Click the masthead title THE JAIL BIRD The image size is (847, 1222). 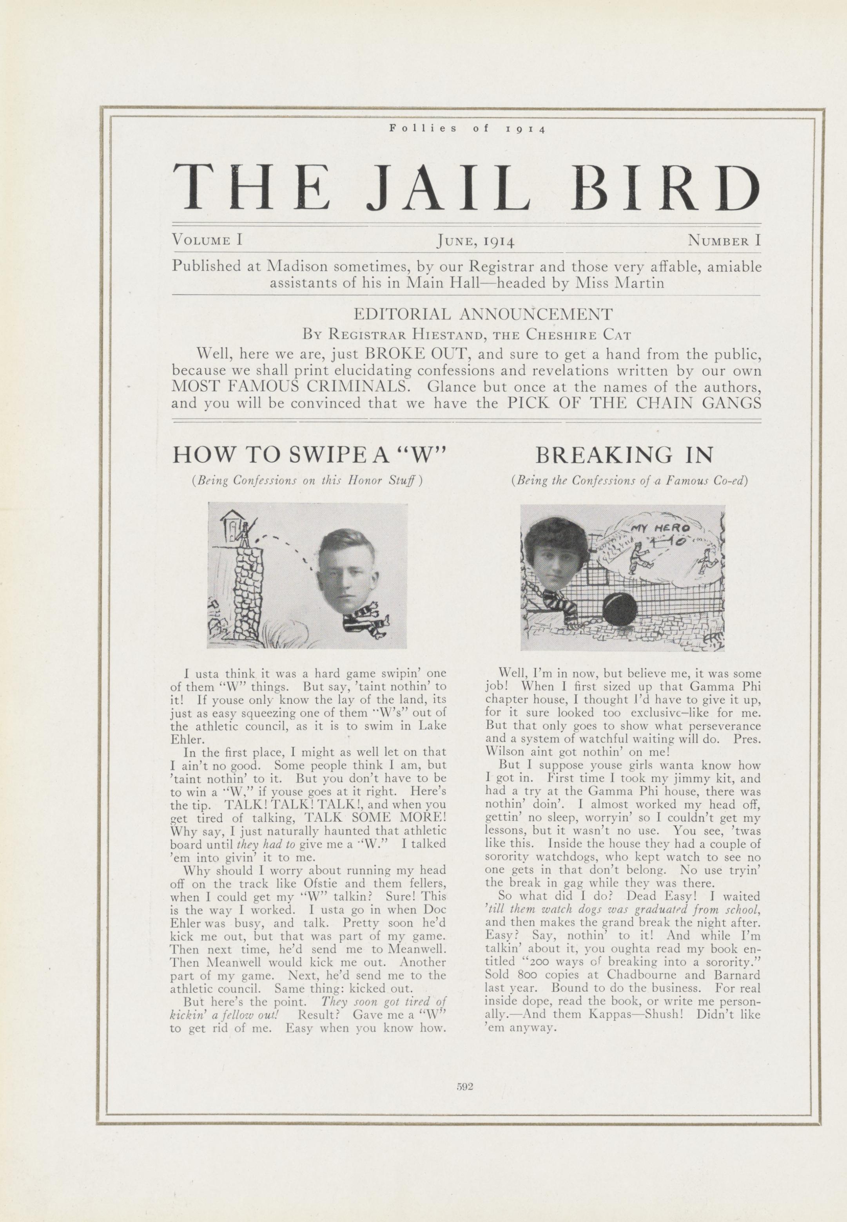[466, 187]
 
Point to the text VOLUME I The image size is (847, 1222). [207, 240]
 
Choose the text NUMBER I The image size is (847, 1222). [724, 241]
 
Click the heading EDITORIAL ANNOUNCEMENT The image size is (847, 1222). [483, 314]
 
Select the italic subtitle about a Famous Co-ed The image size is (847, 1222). [629, 481]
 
